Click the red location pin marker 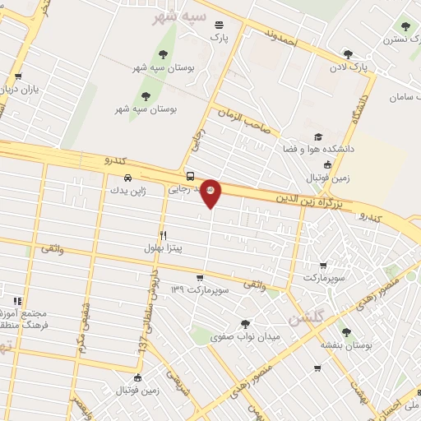(211, 192)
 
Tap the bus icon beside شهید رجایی (191, 176)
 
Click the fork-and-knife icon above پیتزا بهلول (164, 235)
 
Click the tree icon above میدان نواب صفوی (245, 324)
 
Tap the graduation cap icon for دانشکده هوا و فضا (318, 136)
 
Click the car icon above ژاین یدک (127, 178)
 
